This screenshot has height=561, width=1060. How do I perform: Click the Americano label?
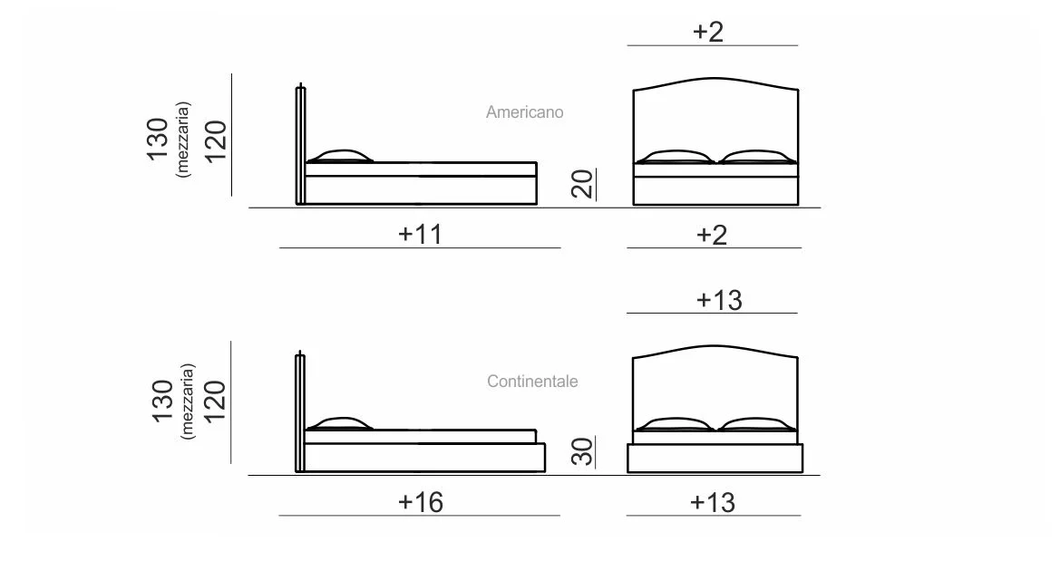tap(525, 112)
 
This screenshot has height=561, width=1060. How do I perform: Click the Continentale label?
tap(532, 382)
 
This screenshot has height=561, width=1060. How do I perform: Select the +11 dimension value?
tap(420, 234)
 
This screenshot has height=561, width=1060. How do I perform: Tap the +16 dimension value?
tap(421, 502)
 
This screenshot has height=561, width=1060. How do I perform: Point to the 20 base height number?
tap(582, 183)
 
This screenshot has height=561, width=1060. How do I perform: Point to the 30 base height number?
tap(582, 450)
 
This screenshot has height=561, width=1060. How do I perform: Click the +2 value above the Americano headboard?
tap(708, 32)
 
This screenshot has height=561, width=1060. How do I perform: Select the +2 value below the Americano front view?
tap(712, 235)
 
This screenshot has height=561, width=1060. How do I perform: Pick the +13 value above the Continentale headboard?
tap(719, 300)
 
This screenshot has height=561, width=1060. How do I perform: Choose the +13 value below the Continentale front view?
tap(713, 503)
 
